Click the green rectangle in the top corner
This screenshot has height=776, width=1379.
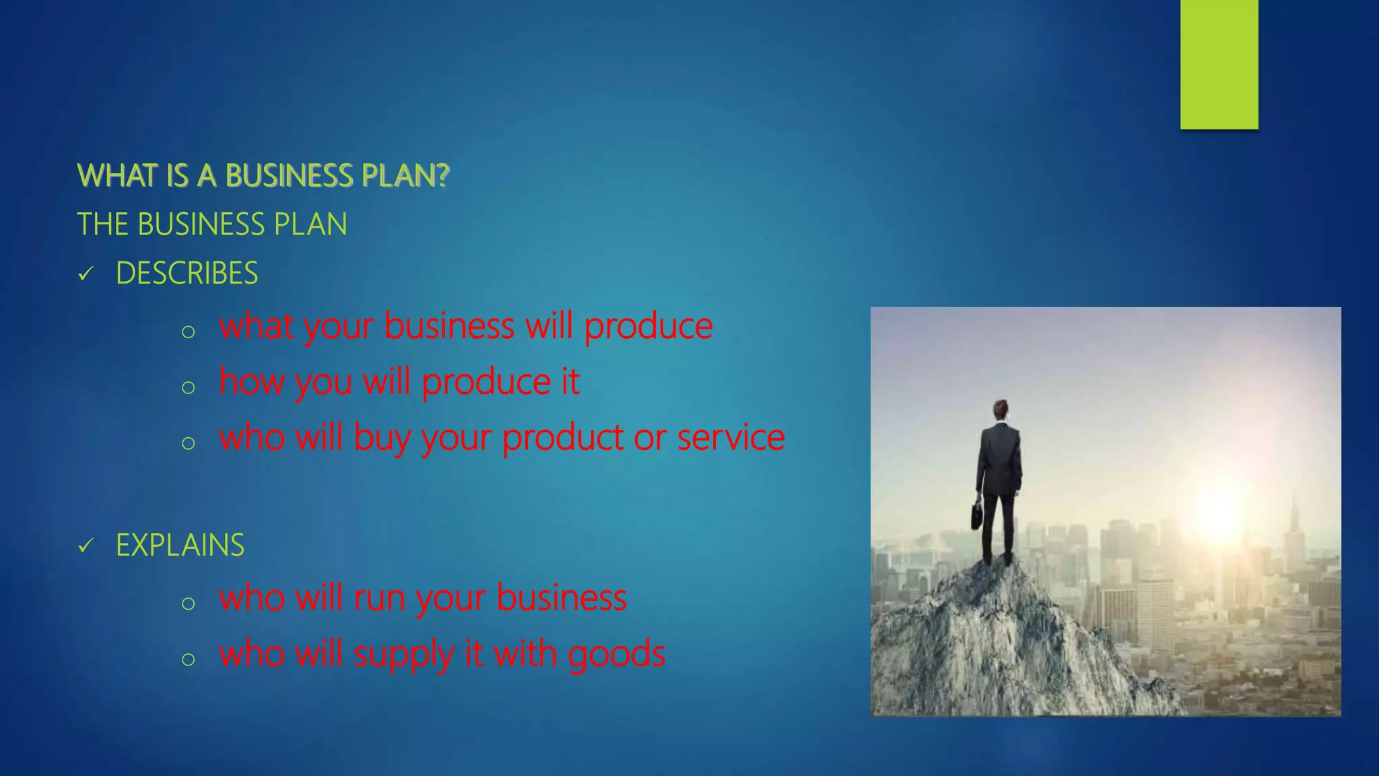(x=1219, y=64)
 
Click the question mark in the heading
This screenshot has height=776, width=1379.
(x=442, y=175)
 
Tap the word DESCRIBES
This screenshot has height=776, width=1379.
(x=187, y=273)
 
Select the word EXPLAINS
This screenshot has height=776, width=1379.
(x=180, y=545)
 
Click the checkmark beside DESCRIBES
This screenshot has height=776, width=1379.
(x=86, y=274)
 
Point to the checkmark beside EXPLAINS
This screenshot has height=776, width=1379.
(x=86, y=546)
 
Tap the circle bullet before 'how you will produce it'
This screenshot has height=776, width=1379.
(x=189, y=387)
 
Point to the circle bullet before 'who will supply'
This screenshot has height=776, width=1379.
(x=189, y=658)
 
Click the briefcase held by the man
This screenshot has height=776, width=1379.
(x=976, y=515)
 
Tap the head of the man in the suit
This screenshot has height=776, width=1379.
(x=1001, y=408)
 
